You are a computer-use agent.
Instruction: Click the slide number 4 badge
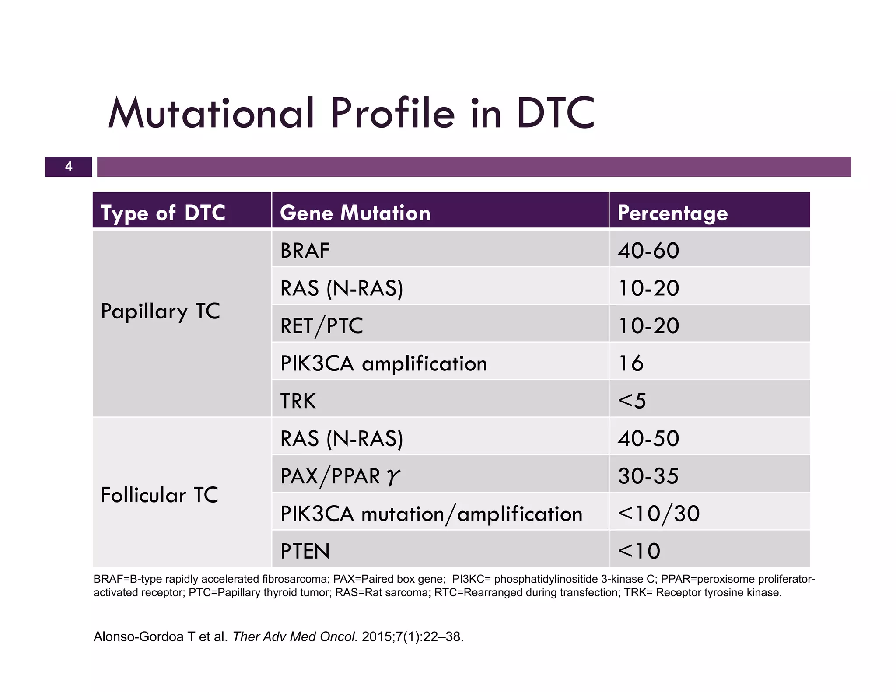click(x=69, y=167)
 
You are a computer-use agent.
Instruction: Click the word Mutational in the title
click(x=211, y=113)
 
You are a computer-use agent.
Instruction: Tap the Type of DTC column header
click(x=163, y=213)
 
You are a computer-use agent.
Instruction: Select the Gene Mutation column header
click(x=355, y=213)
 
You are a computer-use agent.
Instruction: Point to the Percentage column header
click(x=672, y=213)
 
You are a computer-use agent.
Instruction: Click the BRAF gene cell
click(x=305, y=251)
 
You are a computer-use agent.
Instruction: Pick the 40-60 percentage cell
click(x=648, y=251)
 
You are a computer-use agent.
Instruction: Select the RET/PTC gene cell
click(x=322, y=326)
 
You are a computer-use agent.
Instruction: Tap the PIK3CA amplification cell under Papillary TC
click(x=383, y=363)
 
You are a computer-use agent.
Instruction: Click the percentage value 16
click(x=631, y=363)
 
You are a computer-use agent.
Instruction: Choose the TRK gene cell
click(x=298, y=401)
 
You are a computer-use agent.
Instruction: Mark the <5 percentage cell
click(x=632, y=401)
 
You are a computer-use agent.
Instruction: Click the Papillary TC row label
click(x=160, y=311)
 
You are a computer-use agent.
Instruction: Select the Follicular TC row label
click(x=159, y=495)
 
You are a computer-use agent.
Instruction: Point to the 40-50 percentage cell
click(x=648, y=438)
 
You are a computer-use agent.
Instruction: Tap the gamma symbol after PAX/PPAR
click(x=393, y=477)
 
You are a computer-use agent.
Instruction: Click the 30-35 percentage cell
click(x=648, y=476)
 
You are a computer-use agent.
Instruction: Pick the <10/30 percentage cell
click(x=658, y=514)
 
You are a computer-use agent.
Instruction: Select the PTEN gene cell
click(x=305, y=551)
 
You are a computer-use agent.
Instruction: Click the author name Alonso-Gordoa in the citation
click(x=138, y=636)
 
